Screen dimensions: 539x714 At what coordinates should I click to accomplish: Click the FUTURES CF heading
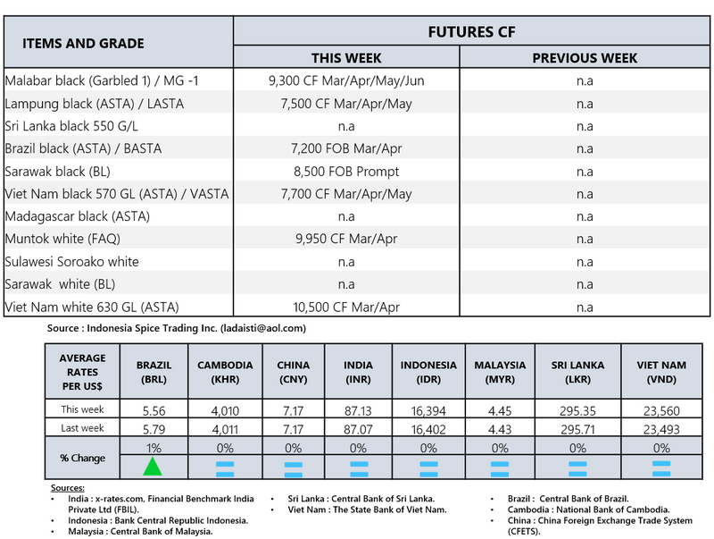[473, 32]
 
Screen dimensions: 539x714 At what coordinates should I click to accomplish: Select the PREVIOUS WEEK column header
[585, 58]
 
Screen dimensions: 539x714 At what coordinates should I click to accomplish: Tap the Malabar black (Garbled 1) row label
[102, 80]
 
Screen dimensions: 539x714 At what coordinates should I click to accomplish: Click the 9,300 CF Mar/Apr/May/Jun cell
[346, 80]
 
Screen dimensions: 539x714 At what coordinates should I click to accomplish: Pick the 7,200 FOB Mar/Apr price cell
[346, 148]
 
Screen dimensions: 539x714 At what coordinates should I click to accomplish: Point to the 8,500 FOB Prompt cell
[346, 171]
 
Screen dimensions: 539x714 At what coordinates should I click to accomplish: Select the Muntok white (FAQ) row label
[62, 239]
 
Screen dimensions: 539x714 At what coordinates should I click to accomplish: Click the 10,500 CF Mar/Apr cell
[346, 307]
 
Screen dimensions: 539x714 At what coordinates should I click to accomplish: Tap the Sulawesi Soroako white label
[72, 262]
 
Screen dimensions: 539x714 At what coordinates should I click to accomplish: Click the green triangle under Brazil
[154, 466]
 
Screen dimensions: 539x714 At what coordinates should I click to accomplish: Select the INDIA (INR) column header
[359, 371]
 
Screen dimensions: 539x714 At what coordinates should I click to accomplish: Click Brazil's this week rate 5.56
[154, 410]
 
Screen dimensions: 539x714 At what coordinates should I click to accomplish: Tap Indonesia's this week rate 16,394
[428, 410]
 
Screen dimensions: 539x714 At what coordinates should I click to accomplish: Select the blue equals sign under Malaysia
[500, 467]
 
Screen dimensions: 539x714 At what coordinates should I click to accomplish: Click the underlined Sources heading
[67, 488]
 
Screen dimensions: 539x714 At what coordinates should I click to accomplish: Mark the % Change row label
[82, 458]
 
